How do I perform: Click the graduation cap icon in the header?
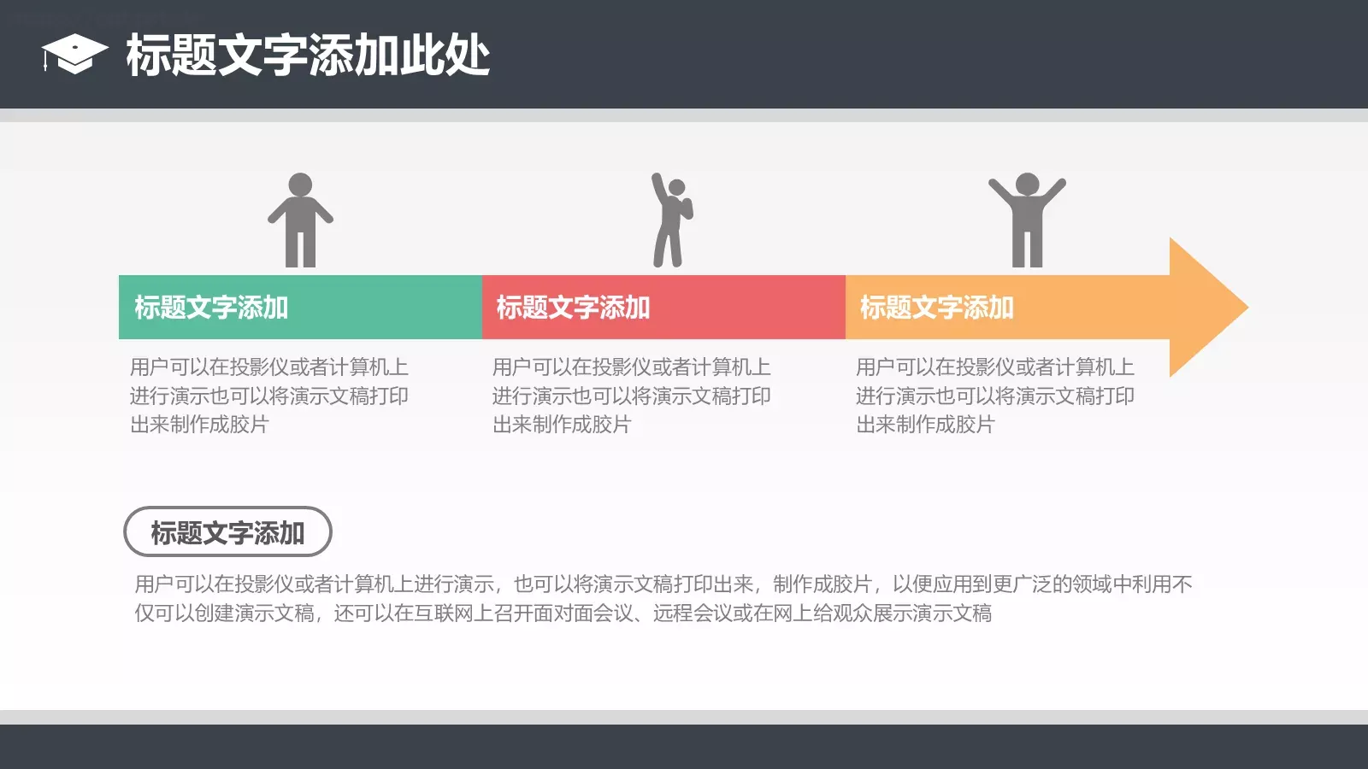pyautogui.click(x=74, y=54)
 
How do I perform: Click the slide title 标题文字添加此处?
pyautogui.click(x=308, y=56)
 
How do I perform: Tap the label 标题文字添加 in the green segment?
pyautogui.click(x=211, y=308)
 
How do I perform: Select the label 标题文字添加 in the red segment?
pyautogui.click(x=573, y=308)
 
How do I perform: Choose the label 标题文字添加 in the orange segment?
pyautogui.click(x=936, y=308)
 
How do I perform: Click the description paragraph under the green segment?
pyautogui.click(x=268, y=396)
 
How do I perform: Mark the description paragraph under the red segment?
pyautogui.click(x=631, y=396)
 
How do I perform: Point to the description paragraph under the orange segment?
pyautogui.click(x=994, y=396)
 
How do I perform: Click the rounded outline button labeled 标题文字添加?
pyautogui.click(x=227, y=532)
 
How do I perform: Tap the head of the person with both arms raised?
pyautogui.click(x=1027, y=184)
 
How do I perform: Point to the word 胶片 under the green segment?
pyautogui.click(x=249, y=425)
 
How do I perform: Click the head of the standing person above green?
pyautogui.click(x=300, y=185)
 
